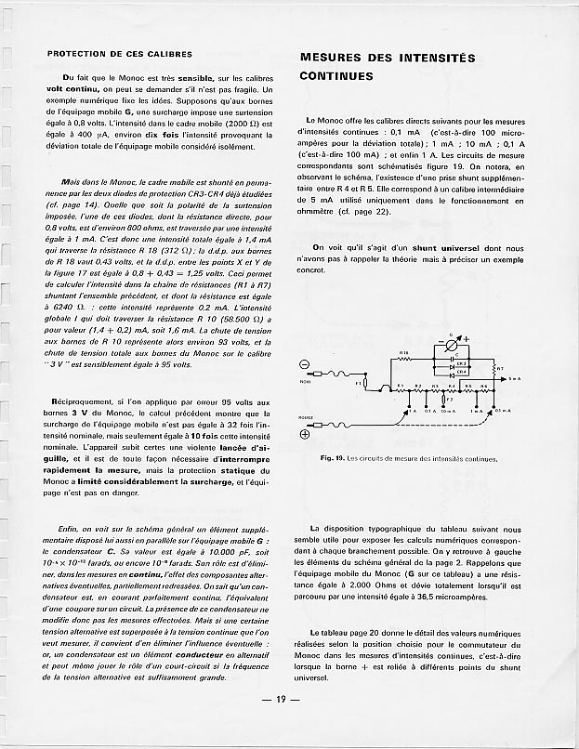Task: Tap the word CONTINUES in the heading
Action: (336, 76)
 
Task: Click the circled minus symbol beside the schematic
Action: (305, 363)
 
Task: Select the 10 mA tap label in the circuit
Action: (448, 409)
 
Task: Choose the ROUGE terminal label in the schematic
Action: (307, 417)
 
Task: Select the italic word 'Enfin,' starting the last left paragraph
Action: (72, 527)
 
